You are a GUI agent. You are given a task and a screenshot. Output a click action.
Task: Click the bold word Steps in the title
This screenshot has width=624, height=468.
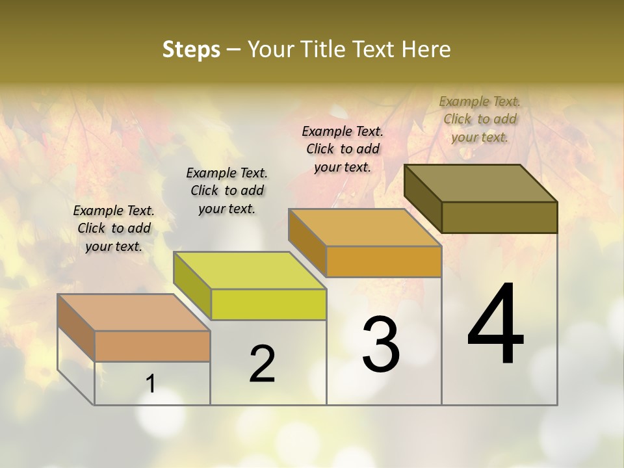coord(191,49)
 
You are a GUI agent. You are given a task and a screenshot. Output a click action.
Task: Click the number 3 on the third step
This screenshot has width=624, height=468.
coord(381,344)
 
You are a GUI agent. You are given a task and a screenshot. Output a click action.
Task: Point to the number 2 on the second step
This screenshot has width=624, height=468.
coord(263,364)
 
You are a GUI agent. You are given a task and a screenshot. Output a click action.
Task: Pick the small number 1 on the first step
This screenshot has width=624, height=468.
coord(151,384)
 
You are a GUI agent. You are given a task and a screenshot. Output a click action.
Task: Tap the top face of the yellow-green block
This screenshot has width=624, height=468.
coord(250,270)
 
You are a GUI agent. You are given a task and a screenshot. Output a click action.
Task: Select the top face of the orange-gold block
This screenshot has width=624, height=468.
coord(365,227)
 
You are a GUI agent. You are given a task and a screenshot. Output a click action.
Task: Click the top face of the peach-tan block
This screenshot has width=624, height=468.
coord(134,313)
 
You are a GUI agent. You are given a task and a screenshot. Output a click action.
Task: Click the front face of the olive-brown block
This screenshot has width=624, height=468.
coord(499,217)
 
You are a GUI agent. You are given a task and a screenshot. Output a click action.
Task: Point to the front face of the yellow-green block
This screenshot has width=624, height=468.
coord(268,304)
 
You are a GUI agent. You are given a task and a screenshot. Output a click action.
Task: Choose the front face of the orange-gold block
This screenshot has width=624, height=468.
coord(383,261)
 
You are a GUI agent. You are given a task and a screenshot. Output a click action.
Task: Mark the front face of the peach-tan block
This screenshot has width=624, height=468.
coord(152,346)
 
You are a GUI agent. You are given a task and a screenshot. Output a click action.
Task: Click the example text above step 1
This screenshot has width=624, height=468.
coord(114,228)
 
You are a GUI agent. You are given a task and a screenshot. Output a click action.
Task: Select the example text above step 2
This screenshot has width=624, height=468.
coord(227,190)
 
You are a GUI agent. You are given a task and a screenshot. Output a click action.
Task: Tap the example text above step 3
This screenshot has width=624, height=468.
coord(343,149)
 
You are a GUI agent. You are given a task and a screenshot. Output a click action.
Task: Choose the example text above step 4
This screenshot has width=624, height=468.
coord(480,119)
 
